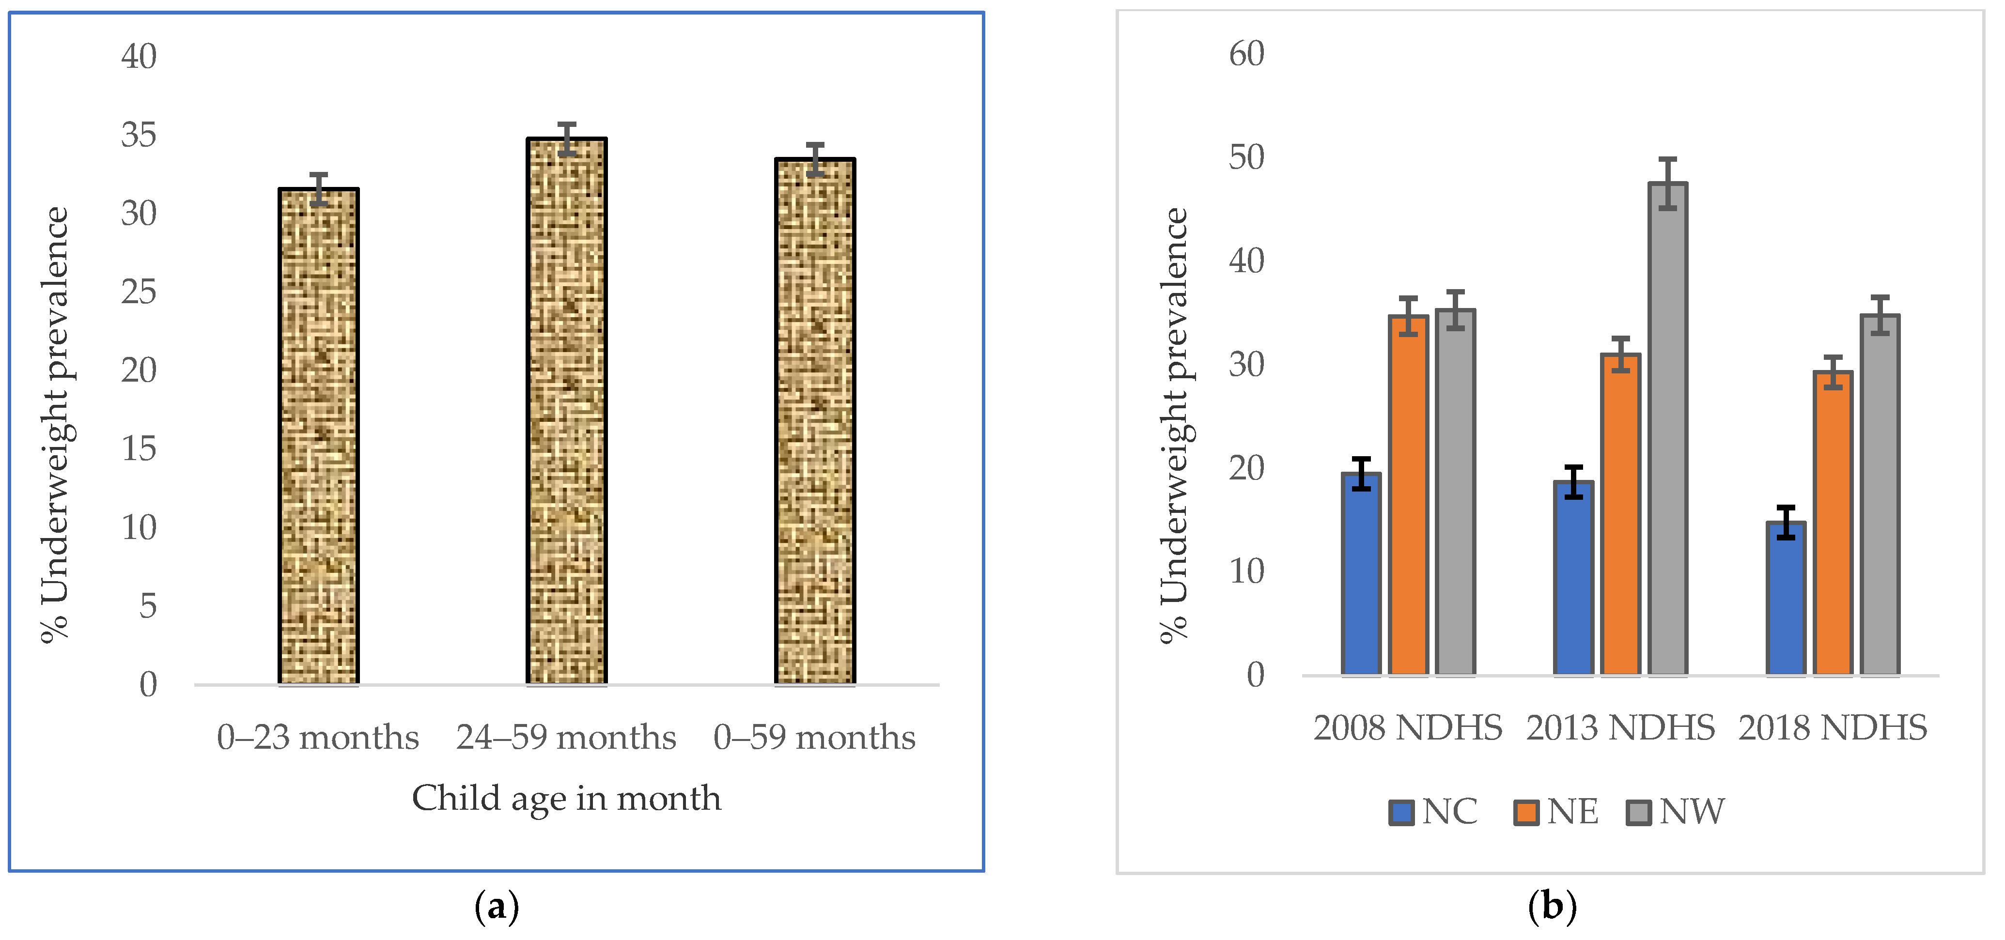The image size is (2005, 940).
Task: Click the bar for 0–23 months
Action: coord(318,436)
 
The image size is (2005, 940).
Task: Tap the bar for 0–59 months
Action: coord(814,421)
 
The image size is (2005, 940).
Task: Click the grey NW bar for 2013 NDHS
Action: coord(1667,428)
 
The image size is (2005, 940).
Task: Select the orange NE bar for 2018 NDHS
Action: coord(1833,522)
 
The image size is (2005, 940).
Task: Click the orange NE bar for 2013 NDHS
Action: coord(1620,513)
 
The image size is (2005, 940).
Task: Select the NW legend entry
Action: coord(1676,812)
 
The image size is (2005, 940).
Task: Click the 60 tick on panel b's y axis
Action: coord(1246,54)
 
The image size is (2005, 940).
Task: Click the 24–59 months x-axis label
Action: coord(566,738)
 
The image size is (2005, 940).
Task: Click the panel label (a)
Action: coord(497,907)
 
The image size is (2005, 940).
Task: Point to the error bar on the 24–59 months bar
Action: coord(567,139)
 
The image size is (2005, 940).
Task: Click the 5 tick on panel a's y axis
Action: coord(148,606)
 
